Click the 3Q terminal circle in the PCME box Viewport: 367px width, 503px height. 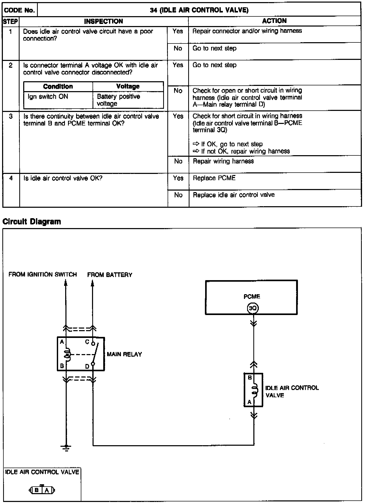click(x=253, y=309)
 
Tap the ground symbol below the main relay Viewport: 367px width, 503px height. click(x=66, y=448)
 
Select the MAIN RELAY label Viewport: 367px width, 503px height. click(x=124, y=354)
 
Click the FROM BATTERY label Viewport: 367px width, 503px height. click(x=110, y=275)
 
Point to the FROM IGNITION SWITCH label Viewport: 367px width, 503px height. click(x=43, y=274)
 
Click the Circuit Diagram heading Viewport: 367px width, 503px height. click(x=32, y=222)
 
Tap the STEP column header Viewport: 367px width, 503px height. click(x=11, y=21)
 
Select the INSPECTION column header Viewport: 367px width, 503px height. click(x=103, y=21)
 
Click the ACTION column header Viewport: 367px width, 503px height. click(x=274, y=21)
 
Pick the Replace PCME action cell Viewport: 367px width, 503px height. click(x=214, y=178)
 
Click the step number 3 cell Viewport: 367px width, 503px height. click(x=11, y=116)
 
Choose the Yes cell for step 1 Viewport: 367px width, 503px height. click(x=178, y=31)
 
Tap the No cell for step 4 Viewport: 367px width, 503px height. click(x=178, y=195)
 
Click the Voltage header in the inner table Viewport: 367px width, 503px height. click(x=128, y=86)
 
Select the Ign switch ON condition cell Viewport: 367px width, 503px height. click(x=48, y=97)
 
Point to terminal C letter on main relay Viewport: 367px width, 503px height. click(x=87, y=342)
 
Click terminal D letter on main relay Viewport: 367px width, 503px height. click(x=87, y=366)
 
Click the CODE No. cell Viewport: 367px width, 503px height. click(x=20, y=10)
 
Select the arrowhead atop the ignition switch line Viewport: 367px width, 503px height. click(x=66, y=282)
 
